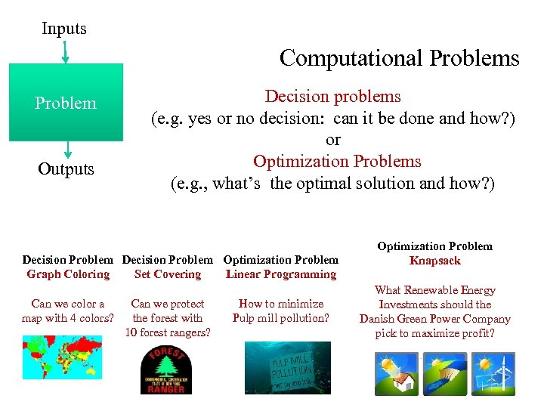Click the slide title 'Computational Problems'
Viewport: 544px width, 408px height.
399,58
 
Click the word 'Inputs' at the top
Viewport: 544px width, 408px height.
64,29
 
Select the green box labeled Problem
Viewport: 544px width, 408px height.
66,103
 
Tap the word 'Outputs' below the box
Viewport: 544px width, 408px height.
66,168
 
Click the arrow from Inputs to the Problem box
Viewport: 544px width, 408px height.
65,51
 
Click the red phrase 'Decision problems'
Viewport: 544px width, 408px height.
332,97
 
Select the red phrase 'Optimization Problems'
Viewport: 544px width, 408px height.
337,162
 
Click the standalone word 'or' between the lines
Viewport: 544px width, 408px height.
332,140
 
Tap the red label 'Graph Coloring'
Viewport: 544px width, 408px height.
68,274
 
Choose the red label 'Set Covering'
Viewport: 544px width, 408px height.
167,274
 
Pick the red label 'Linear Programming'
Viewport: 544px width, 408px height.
280,274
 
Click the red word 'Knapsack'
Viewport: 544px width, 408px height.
434,261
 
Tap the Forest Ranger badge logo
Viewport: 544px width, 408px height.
166,369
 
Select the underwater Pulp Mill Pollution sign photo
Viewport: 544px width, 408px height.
287,367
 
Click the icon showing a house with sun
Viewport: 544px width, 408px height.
395,373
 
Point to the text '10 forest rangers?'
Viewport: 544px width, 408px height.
167,332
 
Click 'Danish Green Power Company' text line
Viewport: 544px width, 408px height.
434,319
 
